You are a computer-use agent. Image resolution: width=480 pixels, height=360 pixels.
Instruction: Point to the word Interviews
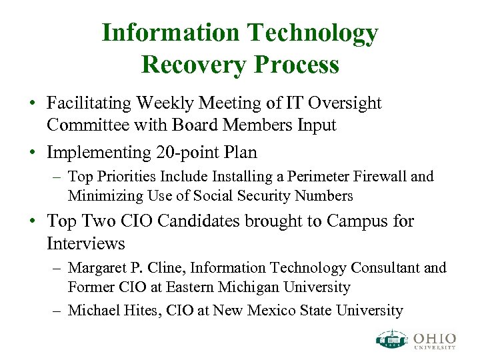86,243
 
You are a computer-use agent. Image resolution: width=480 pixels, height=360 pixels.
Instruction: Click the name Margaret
96,268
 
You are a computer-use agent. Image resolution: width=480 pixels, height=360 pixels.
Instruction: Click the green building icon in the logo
391,339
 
